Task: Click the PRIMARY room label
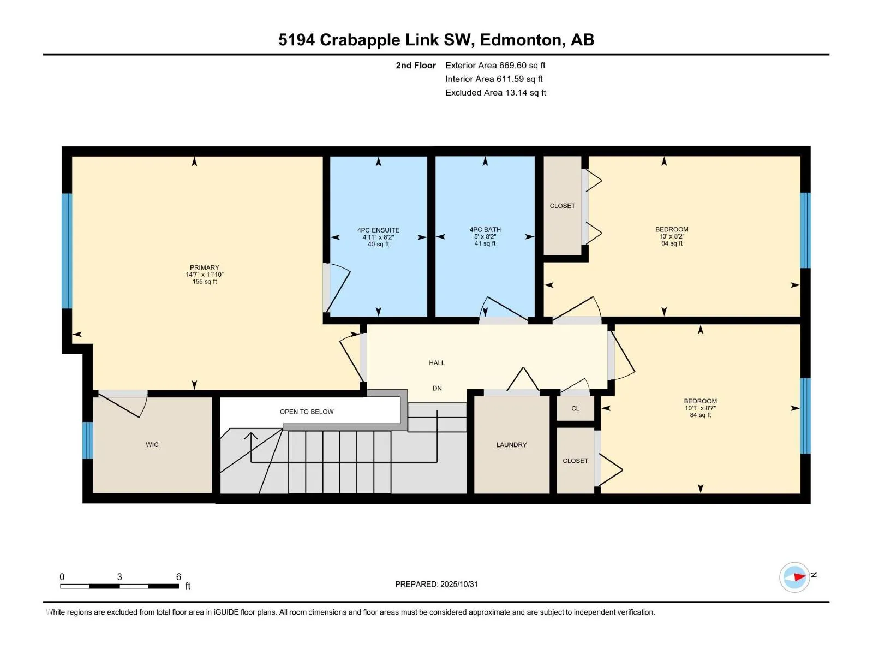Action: [x=204, y=268]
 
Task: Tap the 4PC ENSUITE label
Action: [x=378, y=230]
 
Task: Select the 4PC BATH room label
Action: [x=485, y=230]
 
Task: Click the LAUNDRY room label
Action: [x=511, y=445]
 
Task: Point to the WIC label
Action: [x=152, y=445]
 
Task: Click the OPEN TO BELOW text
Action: [x=307, y=412]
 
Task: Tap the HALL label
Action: [x=436, y=363]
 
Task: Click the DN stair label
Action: [x=437, y=389]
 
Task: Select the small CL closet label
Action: [x=575, y=408]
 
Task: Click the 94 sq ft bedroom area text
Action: [x=672, y=243]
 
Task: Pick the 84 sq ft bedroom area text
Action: [x=700, y=415]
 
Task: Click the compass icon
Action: [x=794, y=577]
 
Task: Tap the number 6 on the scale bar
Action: [x=178, y=577]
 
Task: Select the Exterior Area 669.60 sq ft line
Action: [x=495, y=65]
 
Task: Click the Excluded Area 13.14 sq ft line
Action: [x=495, y=93]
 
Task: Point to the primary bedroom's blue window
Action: [x=67, y=251]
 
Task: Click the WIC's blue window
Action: [x=87, y=440]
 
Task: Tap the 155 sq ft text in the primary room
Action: [x=204, y=282]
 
